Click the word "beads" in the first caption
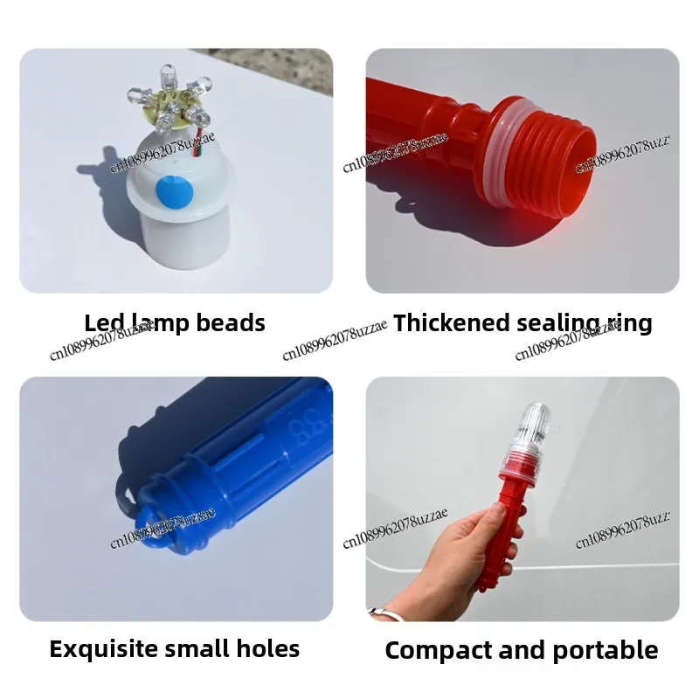229,323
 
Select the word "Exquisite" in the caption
104,649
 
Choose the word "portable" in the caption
608,651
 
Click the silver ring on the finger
377,613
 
